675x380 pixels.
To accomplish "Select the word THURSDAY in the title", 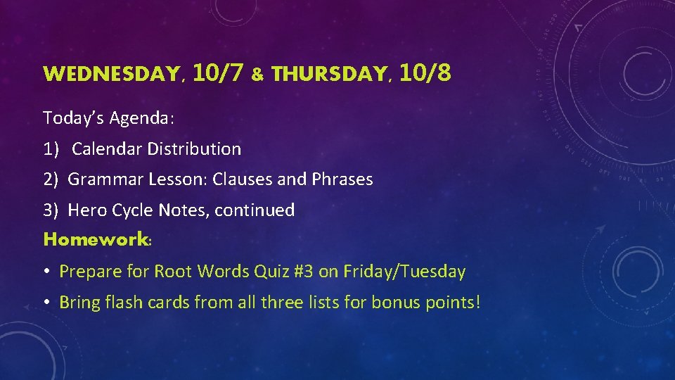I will coord(326,74).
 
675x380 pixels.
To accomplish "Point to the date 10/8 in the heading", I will coord(425,72).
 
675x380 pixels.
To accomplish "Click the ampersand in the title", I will coord(257,75).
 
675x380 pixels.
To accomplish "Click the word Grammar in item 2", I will coord(105,179).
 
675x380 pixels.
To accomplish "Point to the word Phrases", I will coord(342,179).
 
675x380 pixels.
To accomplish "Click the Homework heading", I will coord(96,240).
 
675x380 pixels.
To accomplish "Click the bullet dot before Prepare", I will coord(48,272).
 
